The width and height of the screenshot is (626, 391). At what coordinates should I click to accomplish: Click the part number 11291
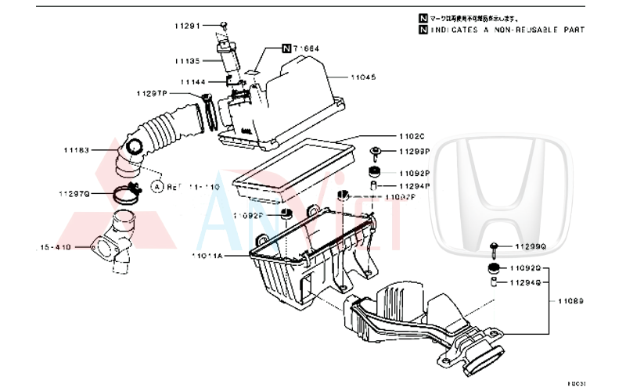(x=188, y=26)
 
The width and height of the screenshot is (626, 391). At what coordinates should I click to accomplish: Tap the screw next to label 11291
(x=223, y=26)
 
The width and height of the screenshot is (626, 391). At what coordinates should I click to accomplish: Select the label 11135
(x=188, y=60)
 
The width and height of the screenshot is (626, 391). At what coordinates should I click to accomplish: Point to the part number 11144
(x=193, y=81)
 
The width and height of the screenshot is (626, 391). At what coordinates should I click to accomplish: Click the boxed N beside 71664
(x=286, y=48)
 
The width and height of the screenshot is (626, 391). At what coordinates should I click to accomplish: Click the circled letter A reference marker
(x=156, y=187)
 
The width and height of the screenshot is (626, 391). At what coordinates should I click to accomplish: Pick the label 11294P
(x=416, y=186)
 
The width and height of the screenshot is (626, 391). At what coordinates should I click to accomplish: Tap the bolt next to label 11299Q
(x=495, y=248)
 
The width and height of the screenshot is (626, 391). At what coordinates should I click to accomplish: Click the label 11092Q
(x=530, y=267)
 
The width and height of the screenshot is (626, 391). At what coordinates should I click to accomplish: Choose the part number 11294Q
(x=530, y=283)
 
